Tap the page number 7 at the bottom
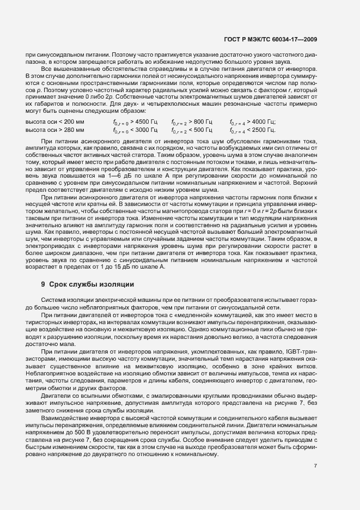pos(316,466)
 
